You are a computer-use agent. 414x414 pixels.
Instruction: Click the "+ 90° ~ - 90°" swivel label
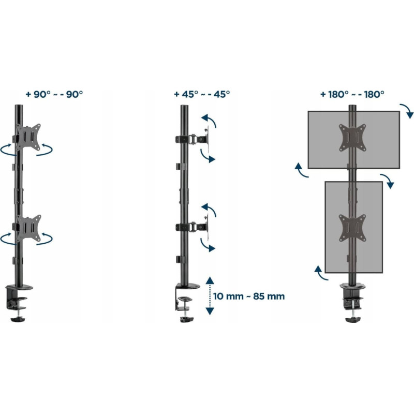point(54,94)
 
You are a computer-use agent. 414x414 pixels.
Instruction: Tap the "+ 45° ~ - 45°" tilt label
point(202,94)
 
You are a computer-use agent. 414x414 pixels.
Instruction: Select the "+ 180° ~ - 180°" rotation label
point(352,94)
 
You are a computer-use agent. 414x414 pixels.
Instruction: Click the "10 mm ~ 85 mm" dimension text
point(249,296)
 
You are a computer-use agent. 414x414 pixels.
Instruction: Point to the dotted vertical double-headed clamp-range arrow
point(210,296)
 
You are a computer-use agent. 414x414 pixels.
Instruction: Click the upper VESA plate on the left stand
point(28,137)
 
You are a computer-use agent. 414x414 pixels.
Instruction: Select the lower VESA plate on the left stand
point(28,228)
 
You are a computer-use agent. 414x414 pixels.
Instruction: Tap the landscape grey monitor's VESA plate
point(352,138)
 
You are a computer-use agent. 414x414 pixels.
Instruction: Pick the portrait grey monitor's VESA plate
point(352,228)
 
